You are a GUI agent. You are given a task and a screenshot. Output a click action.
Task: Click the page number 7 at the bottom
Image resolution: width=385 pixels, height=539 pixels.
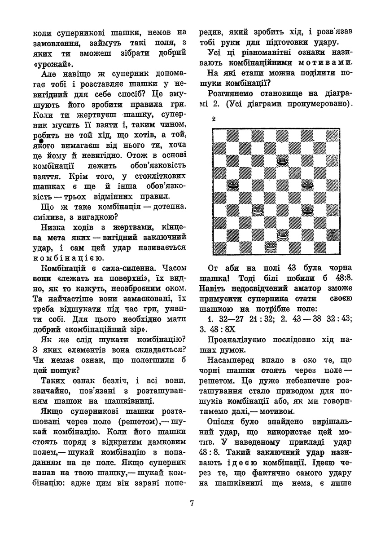pos(192,503)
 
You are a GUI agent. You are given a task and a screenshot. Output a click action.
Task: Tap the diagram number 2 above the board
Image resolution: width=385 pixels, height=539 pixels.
pos(214,119)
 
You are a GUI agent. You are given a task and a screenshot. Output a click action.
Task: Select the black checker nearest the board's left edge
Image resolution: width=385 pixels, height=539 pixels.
pos(232,184)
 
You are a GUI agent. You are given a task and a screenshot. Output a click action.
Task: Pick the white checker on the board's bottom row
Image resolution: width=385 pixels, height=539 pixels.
pos(270,246)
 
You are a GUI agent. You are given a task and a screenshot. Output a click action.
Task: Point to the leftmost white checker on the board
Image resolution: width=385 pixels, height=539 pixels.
pos(257,209)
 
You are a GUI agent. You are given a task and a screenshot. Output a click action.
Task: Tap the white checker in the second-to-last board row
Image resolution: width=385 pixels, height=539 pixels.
pos(282,234)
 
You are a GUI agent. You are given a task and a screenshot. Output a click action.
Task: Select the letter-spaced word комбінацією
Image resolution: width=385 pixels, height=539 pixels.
pos(69,258)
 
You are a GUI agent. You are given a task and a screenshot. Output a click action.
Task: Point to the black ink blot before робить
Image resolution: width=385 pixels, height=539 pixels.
pos(35,141)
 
